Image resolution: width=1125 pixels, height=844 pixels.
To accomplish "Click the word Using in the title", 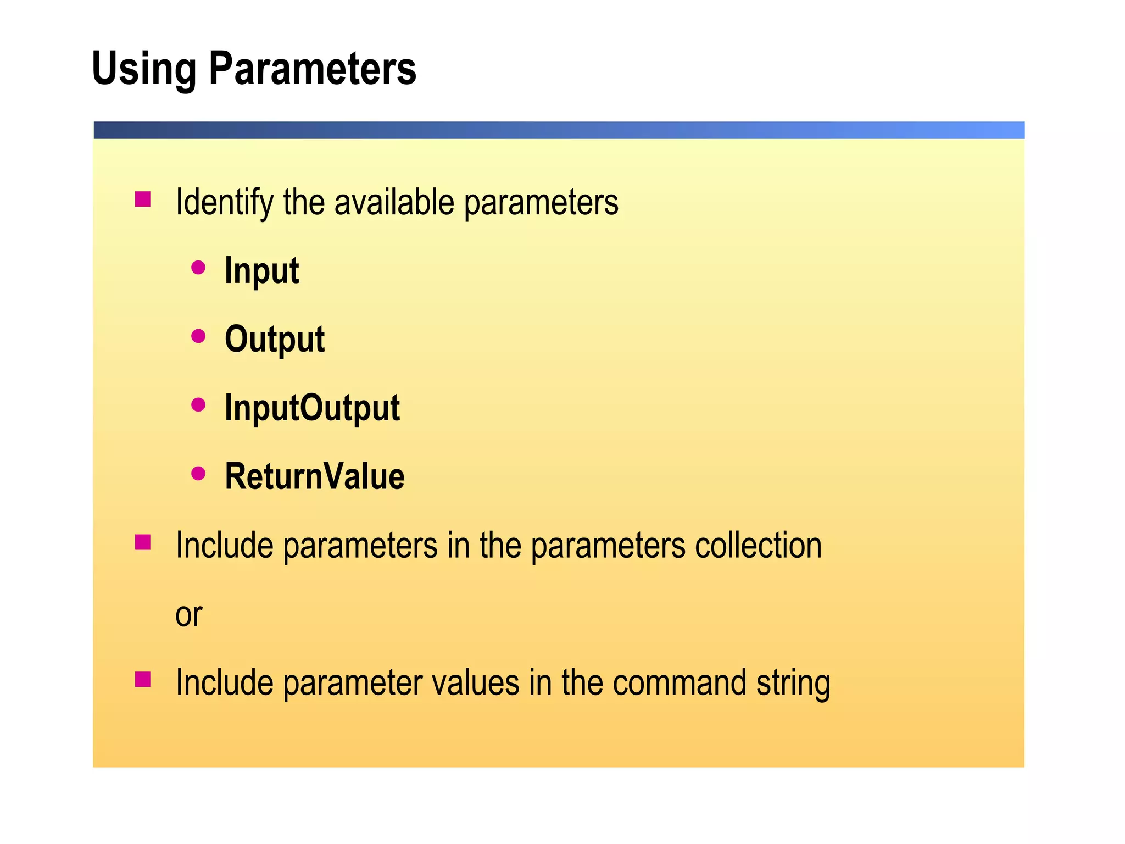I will [x=144, y=69].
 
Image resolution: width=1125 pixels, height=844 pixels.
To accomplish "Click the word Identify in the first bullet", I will [x=224, y=203].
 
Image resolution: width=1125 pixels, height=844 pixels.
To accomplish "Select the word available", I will [x=394, y=203].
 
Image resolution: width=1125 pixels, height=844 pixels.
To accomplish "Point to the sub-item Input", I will [x=261, y=271].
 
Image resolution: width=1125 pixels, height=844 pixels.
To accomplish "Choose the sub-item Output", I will [x=275, y=339].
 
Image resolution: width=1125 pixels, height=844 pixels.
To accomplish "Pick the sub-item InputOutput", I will [x=312, y=408].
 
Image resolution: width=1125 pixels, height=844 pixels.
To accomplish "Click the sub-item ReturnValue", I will [x=315, y=476].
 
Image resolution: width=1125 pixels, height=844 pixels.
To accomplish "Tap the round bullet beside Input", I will [x=198, y=268].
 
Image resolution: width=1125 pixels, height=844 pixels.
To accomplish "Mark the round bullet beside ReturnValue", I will [x=198, y=473].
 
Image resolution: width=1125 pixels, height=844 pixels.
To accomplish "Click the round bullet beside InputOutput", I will [x=198, y=405].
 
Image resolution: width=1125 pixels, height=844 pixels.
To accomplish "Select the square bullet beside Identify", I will [x=143, y=199].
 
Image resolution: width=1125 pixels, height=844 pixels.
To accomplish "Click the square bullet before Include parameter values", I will [x=143, y=680].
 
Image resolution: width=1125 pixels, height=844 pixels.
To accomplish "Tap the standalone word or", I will [x=188, y=614].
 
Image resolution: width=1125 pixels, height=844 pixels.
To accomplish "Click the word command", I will [x=679, y=683].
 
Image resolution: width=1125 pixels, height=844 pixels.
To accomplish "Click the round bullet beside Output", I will [x=198, y=336].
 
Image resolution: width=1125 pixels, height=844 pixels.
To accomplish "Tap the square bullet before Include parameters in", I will [x=143, y=542].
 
